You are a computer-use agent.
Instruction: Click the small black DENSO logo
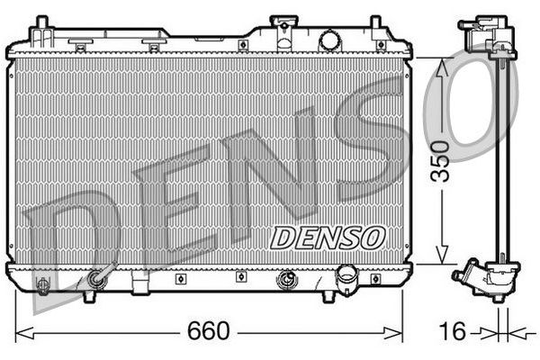(328, 237)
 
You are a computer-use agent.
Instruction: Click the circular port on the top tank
(329, 40)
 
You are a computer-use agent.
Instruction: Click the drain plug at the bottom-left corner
(42, 285)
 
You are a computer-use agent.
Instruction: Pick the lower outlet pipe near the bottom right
(346, 278)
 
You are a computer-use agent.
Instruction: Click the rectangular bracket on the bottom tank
(140, 285)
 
